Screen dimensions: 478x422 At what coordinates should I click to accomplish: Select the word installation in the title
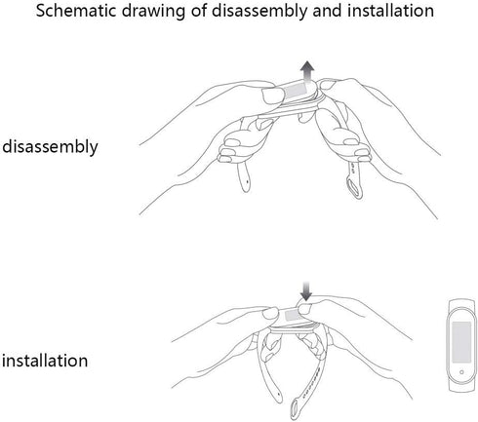390,11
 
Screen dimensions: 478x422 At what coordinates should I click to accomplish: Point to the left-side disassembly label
50,147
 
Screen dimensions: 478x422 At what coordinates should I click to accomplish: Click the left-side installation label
45,361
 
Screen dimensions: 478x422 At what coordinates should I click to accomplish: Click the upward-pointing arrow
307,72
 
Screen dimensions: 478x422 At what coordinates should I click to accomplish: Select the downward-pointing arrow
305,291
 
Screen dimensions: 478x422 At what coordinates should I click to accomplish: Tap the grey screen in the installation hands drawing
293,315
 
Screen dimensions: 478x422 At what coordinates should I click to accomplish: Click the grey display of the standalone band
461,342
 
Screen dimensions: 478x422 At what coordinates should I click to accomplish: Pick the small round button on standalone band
461,372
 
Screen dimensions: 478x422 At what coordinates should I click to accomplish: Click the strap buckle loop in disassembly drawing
354,186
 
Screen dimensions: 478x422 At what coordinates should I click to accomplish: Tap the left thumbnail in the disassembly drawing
273,96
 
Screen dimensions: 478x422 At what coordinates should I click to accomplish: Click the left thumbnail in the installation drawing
270,313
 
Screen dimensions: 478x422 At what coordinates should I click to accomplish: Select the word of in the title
198,11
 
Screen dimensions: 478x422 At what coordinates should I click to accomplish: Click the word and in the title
328,11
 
